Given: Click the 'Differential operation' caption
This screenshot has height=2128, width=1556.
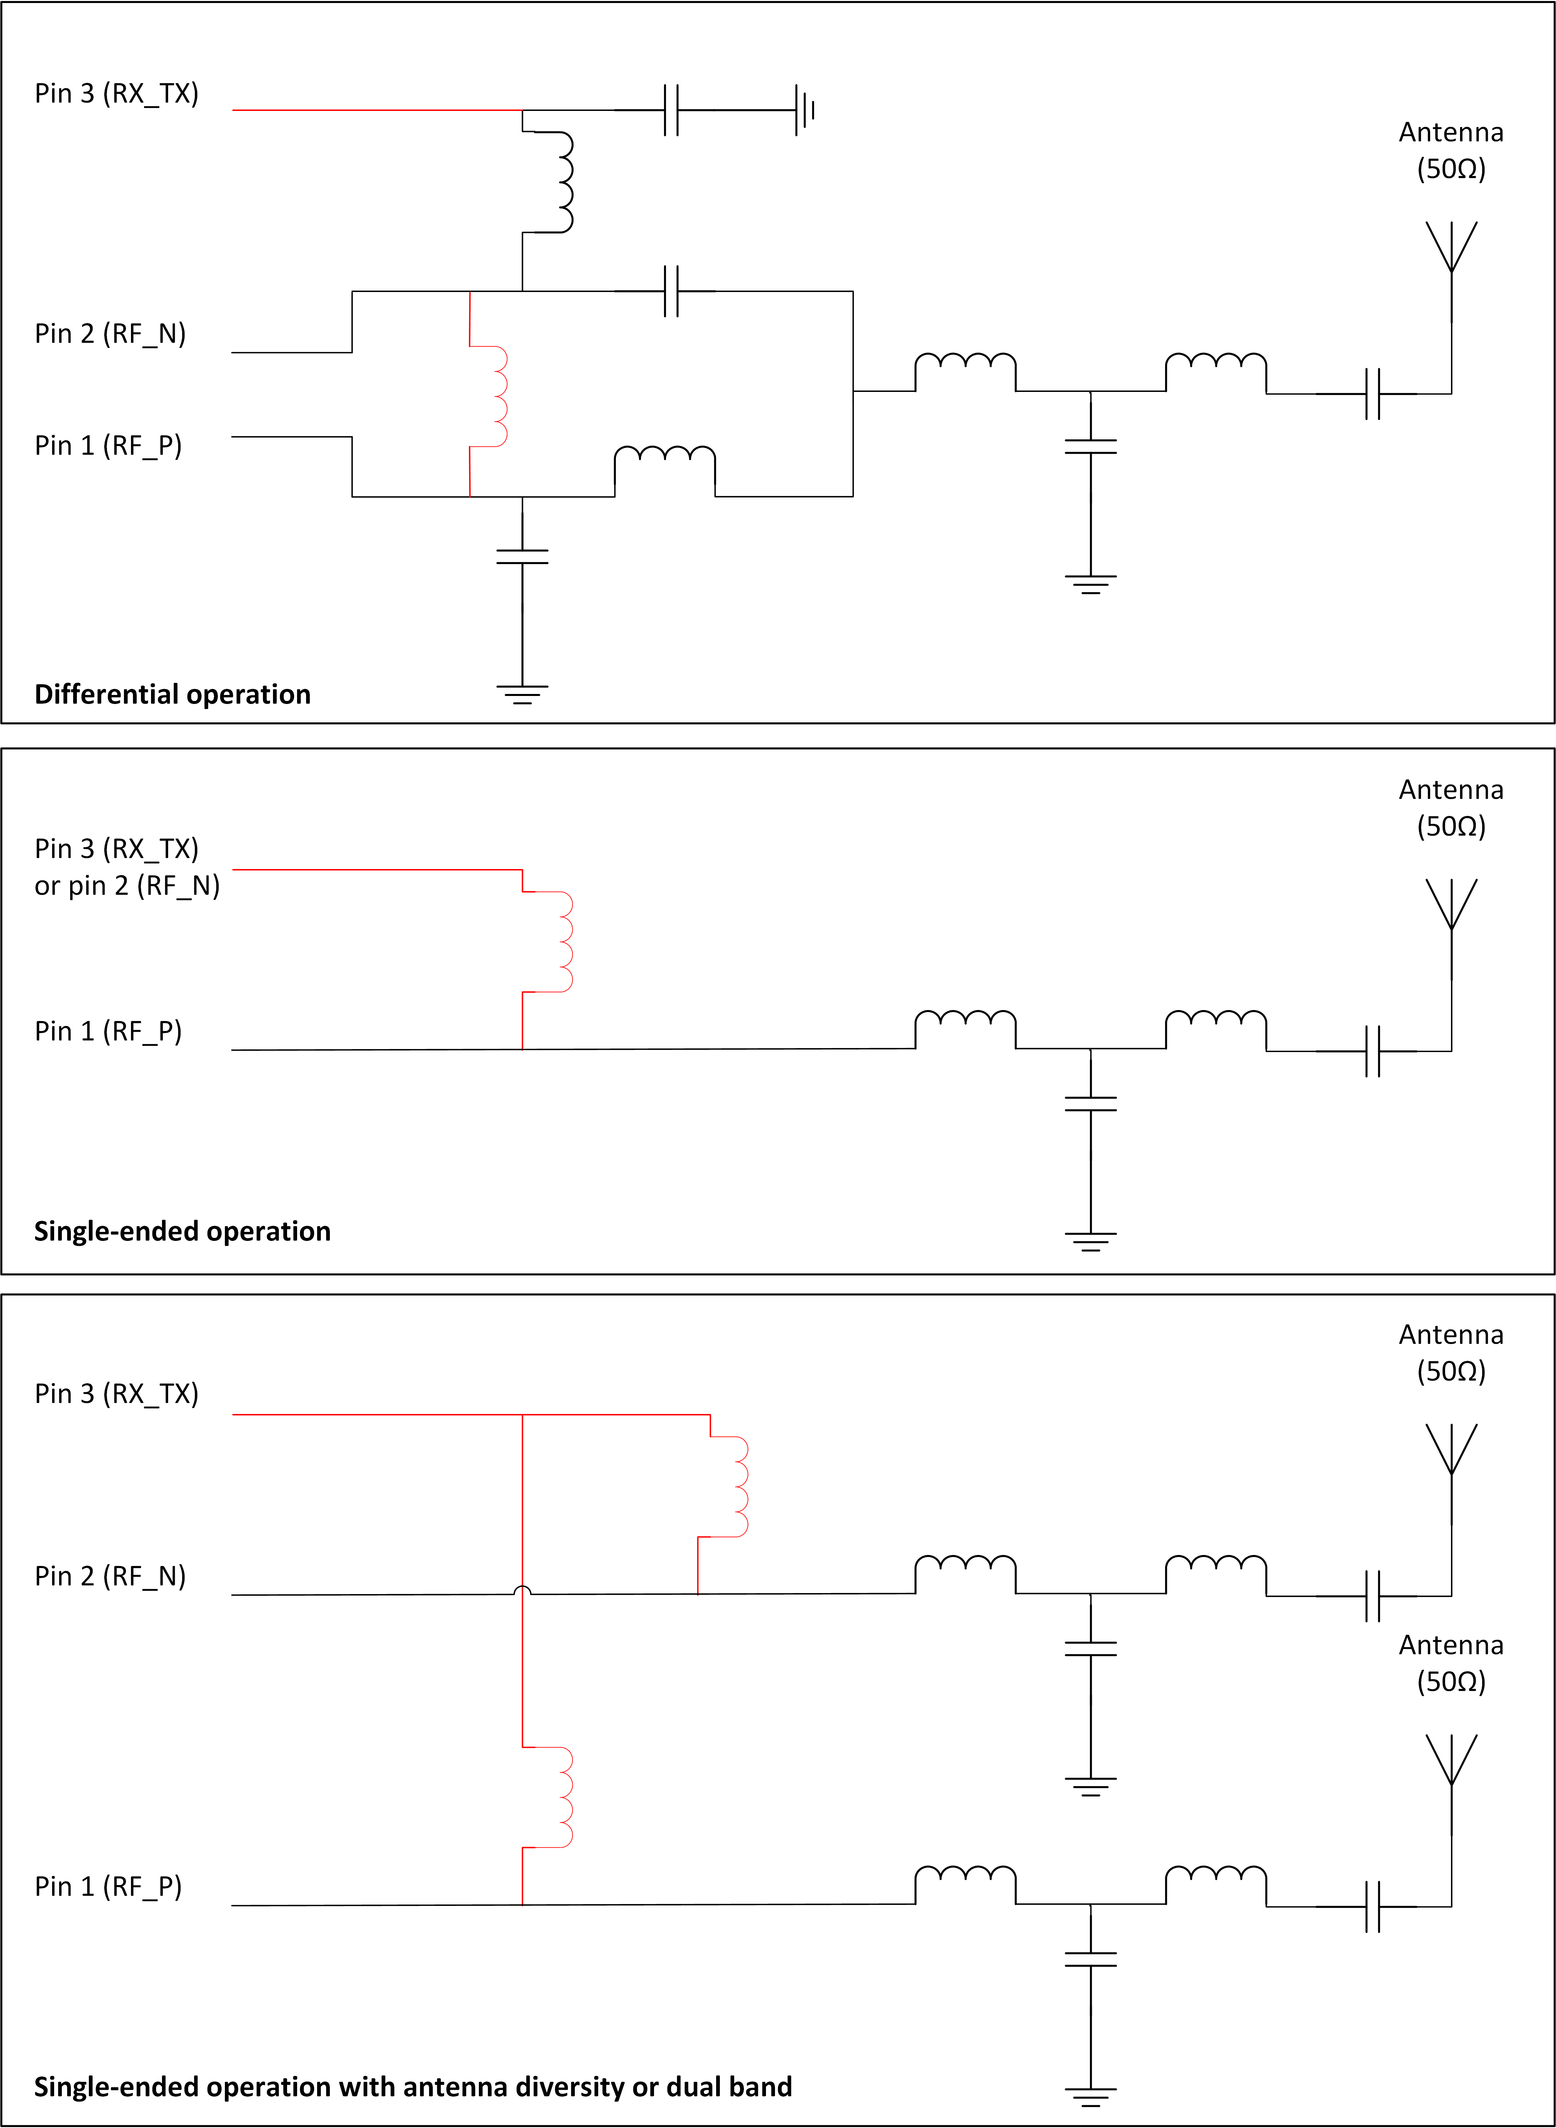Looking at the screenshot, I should click(172, 694).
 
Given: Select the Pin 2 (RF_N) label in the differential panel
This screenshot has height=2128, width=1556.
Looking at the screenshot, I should click(110, 333).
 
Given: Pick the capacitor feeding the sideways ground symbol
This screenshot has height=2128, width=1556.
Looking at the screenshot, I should click(671, 110).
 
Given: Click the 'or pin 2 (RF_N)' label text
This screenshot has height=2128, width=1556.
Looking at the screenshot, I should click(127, 885).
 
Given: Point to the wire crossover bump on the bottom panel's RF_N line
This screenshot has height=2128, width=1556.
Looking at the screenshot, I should click(522, 1591).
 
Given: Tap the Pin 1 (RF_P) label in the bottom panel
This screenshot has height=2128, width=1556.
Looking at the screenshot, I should click(108, 1886).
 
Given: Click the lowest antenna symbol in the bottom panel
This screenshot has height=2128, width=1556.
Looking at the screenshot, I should click(1451, 1761).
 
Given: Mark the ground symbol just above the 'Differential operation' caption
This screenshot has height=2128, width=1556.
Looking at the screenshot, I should click(522, 695).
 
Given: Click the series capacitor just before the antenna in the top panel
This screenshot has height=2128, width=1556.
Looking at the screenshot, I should click(1372, 394).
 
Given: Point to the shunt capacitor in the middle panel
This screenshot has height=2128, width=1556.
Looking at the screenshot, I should click(1091, 1104).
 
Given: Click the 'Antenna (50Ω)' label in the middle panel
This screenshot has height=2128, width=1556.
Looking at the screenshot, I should click(1451, 808).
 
